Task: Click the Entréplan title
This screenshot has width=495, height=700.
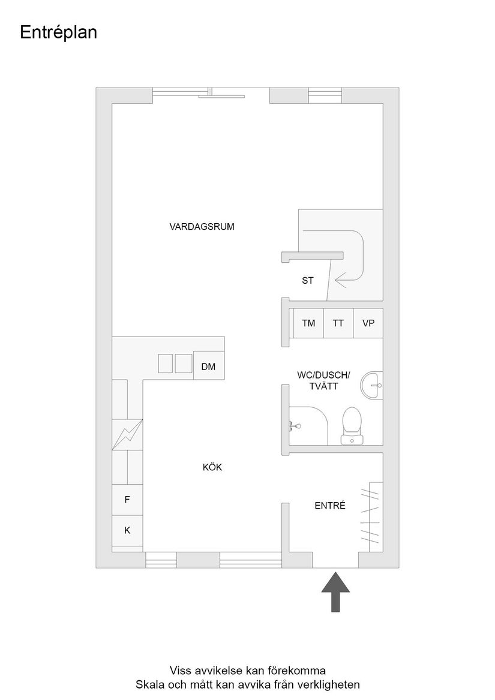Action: tap(58, 33)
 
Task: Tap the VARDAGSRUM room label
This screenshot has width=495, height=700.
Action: tap(202, 227)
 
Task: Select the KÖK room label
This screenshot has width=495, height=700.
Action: tap(212, 467)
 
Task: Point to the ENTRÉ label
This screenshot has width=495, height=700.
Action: tap(330, 506)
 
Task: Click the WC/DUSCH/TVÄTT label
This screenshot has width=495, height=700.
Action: tap(323, 381)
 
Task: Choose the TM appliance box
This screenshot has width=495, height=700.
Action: tap(308, 323)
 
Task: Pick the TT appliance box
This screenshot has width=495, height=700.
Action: tap(338, 323)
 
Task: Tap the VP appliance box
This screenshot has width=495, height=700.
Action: tap(368, 323)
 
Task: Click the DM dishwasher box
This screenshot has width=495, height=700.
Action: tap(208, 367)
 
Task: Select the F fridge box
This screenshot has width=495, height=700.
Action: tap(127, 499)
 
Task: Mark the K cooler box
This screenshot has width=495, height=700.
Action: tap(127, 530)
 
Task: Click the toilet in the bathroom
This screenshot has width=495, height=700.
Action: tap(352, 424)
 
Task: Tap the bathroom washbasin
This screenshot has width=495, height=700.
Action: tap(373, 383)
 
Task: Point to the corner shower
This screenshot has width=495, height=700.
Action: tap(307, 426)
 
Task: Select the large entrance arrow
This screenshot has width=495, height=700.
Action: tap(335, 591)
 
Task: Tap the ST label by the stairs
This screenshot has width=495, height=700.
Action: tap(308, 280)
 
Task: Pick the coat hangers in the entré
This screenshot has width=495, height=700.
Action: tap(370, 516)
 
